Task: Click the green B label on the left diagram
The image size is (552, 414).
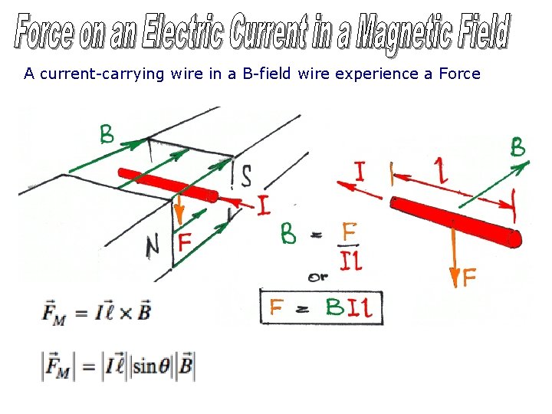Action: coord(107,136)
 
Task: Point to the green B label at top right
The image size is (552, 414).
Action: coord(518,148)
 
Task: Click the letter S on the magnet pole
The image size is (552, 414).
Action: coord(245,175)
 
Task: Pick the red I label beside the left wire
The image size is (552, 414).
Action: coord(263,205)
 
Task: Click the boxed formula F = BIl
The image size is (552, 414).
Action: coord(321,308)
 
